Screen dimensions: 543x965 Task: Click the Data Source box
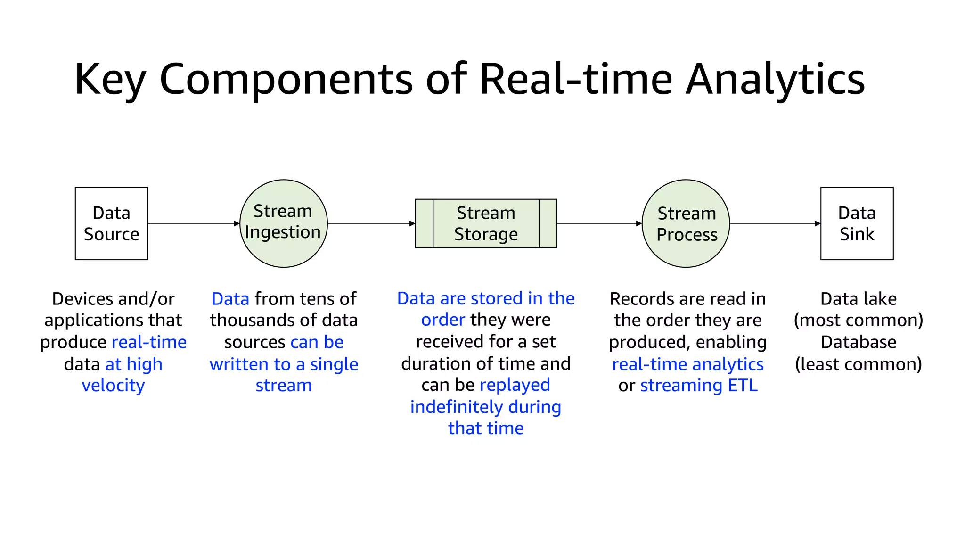coord(111,223)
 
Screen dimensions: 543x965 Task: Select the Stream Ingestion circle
coord(283,223)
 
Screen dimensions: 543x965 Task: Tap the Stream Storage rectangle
coord(486,223)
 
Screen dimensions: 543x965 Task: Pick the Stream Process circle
coord(686,223)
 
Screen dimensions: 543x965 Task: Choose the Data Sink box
coord(857,223)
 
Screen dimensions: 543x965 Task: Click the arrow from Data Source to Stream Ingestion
coord(193,223)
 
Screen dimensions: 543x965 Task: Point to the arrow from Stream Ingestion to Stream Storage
coord(371,223)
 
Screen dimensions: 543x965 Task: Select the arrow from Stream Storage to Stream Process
coord(599,223)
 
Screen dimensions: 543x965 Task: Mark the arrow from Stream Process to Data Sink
coord(775,223)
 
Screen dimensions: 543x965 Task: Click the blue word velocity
coord(113,386)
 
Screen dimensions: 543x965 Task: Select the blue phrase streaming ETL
coord(699,386)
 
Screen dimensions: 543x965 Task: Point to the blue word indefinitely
coord(456,407)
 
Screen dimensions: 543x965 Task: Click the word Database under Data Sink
coord(858,342)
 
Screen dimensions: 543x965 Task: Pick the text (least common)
coord(858,364)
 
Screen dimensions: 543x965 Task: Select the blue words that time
coord(486,428)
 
